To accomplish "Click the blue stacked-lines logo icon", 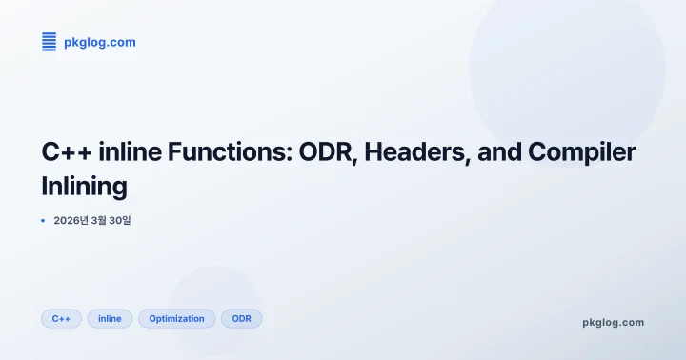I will coord(50,42).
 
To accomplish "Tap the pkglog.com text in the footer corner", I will coord(613,322).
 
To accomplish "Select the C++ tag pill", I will coord(61,318).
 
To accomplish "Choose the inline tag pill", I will coord(110,318).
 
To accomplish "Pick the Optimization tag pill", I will coord(176,318).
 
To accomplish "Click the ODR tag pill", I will coord(241,318).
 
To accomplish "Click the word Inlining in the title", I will coord(84,186).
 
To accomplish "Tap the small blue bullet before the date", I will coord(43,221).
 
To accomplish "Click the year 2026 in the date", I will coord(69,221).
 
